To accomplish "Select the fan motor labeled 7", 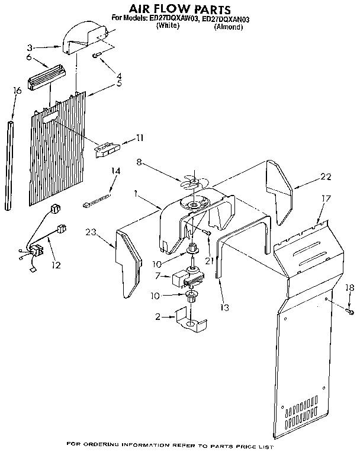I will click(x=186, y=277).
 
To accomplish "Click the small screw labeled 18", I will click(x=350, y=311).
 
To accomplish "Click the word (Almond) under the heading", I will click(x=229, y=27).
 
